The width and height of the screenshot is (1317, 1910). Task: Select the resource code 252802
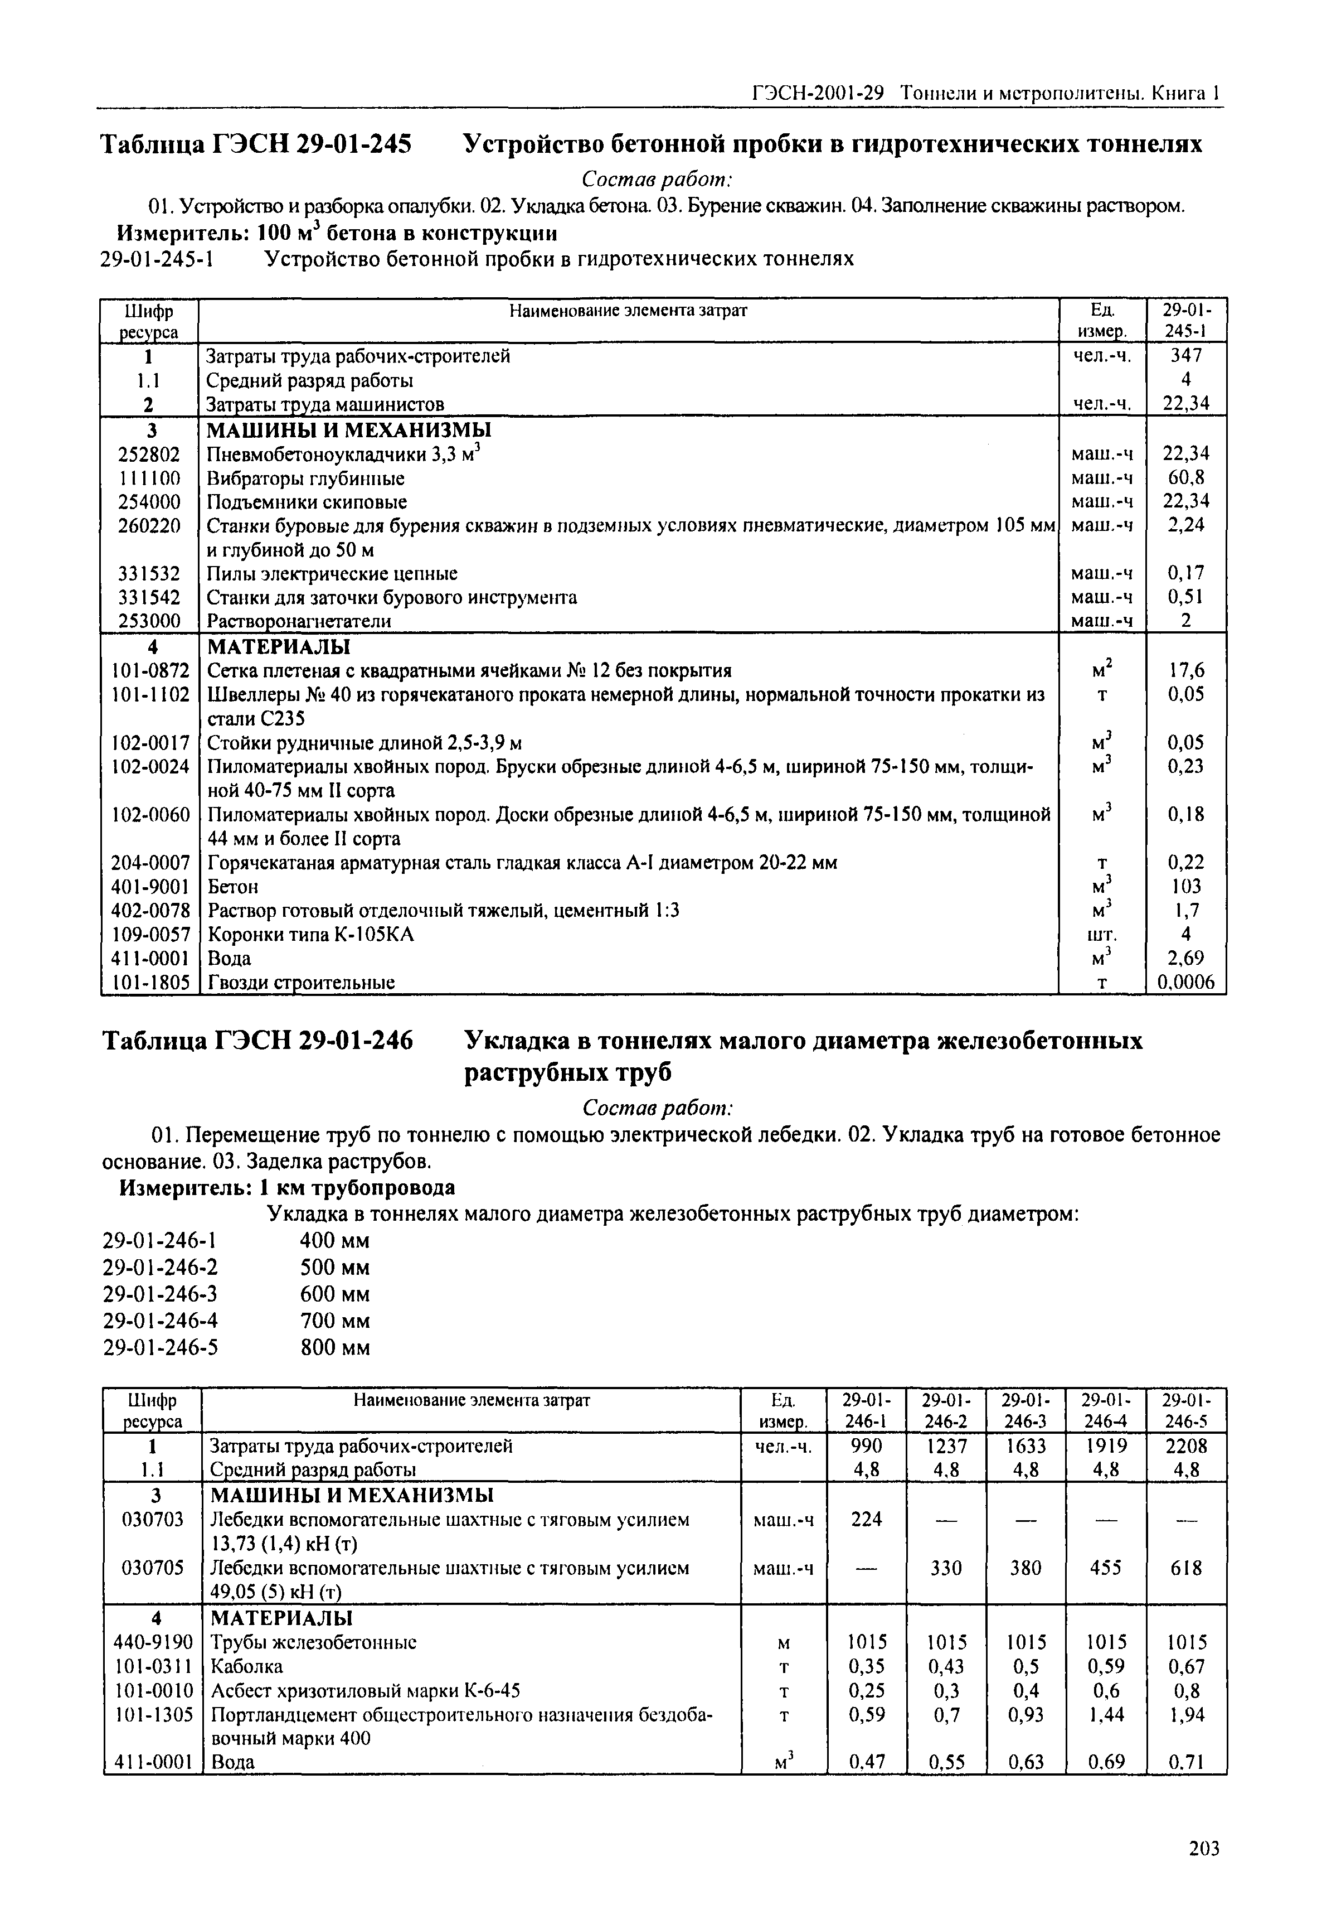(149, 454)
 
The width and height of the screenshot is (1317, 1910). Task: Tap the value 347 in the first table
(1186, 356)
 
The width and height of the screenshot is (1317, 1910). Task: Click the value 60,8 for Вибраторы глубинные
(1186, 478)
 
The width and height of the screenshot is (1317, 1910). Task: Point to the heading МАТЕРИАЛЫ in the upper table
(277, 645)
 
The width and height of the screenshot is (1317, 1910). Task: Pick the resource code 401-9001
(150, 887)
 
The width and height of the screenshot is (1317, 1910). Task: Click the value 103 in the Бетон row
(1186, 887)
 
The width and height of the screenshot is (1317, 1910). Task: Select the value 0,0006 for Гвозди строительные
(1186, 982)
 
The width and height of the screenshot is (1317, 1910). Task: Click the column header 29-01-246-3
(1026, 1411)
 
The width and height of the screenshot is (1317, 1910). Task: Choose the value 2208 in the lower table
(1186, 1446)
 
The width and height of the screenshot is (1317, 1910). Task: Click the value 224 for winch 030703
(867, 1519)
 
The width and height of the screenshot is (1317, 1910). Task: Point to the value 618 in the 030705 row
(1186, 1568)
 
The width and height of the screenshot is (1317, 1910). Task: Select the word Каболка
(247, 1666)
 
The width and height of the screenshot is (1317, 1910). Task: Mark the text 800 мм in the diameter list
(334, 1347)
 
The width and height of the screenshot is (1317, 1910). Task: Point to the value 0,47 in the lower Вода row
(867, 1762)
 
